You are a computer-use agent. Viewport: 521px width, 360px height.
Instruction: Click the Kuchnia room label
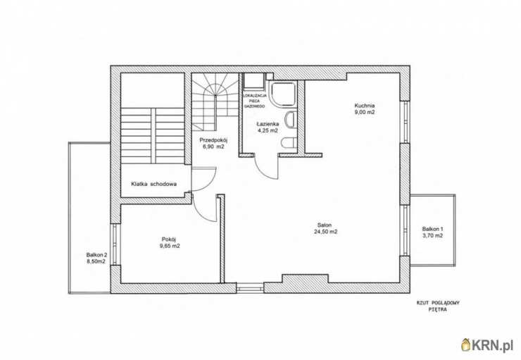(365, 106)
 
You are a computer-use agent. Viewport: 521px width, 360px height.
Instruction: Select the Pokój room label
(168, 239)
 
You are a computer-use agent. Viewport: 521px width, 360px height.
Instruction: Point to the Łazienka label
(268, 124)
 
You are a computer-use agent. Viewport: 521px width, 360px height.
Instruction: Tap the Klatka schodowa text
(153, 184)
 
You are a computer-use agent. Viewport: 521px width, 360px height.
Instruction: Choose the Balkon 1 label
(432, 229)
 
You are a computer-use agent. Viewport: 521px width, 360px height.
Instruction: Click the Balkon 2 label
(96, 255)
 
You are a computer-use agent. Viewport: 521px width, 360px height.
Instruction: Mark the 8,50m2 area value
(96, 261)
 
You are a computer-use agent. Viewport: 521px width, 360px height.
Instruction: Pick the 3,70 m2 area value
(432, 236)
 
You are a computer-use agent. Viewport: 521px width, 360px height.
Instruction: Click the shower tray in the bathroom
(283, 94)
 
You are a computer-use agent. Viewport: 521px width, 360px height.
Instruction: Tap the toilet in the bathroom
(289, 142)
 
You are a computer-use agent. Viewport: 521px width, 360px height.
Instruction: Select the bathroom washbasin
(291, 120)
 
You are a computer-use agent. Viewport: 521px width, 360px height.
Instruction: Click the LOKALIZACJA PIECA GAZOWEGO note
(255, 101)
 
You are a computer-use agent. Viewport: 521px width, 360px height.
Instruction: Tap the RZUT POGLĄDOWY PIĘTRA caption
(438, 306)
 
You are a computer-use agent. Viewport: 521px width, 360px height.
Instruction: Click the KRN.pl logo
(487, 346)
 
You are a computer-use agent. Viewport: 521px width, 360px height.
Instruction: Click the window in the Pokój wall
(115, 244)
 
